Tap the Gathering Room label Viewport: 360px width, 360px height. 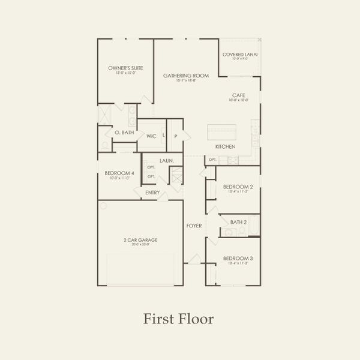186,76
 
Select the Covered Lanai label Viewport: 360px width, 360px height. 239,55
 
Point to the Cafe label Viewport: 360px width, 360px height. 238,95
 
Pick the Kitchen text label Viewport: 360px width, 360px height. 225,147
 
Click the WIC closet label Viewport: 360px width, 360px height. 151,136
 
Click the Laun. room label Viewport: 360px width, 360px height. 167,161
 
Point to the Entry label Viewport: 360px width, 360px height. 152,193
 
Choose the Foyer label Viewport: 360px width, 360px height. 194,226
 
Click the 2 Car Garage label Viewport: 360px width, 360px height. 140,240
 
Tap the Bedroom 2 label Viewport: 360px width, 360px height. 238,187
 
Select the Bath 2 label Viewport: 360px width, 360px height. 238,222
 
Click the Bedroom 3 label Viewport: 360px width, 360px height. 238,259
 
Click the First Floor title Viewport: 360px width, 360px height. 178,319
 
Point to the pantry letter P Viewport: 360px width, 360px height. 176,136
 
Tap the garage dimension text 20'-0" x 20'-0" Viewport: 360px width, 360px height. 140,245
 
